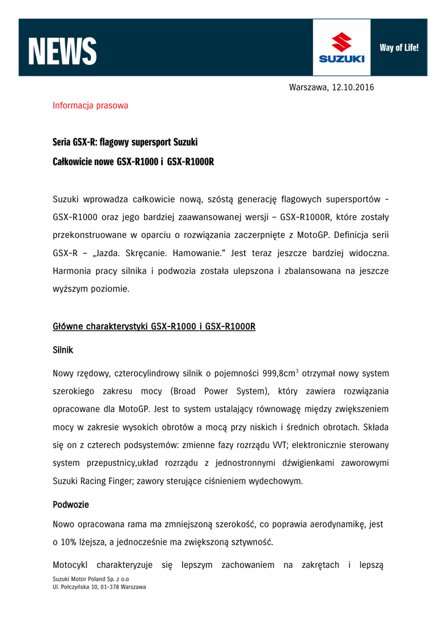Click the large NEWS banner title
(x=62, y=51)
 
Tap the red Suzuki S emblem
(x=341, y=42)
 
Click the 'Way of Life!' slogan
(x=399, y=47)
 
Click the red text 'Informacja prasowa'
(x=90, y=105)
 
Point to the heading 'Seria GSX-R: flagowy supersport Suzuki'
(x=125, y=142)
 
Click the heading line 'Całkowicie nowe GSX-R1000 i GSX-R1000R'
(x=133, y=161)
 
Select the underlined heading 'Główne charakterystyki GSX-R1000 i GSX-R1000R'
(x=154, y=326)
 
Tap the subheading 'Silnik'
(x=63, y=350)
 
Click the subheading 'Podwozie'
(x=71, y=505)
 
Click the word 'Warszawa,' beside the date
(x=308, y=87)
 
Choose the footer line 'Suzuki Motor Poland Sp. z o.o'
(x=91, y=578)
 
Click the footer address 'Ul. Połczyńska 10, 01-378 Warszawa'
(x=100, y=587)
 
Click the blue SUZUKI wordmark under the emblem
(x=341, y=59)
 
